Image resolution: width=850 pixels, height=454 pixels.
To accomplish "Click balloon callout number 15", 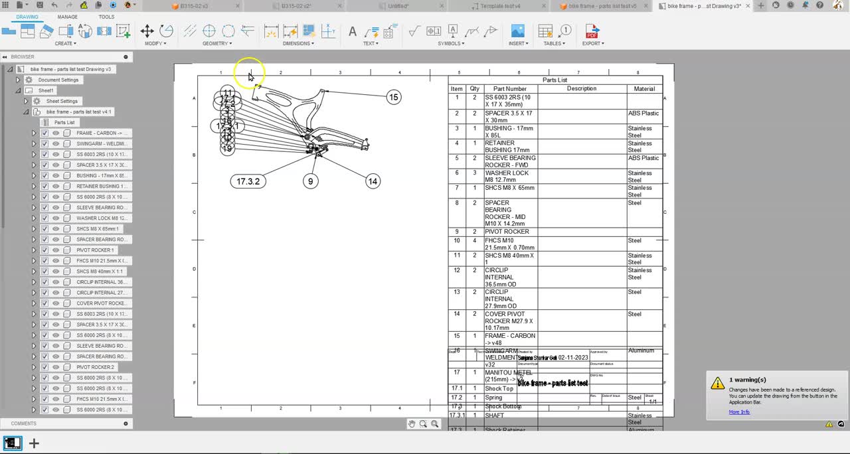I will coord(394,97).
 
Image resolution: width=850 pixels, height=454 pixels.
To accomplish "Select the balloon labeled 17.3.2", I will coord(248,181).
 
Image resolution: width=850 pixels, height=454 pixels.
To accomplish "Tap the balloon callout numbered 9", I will coord(310,181).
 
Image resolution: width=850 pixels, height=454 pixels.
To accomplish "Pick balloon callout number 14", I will coord(373,181).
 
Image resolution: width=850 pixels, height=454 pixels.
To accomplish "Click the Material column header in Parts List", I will coord(644,89).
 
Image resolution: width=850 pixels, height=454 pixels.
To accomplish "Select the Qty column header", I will coord(474,89).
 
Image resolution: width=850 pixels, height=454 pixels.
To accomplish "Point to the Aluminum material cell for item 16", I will coord(641,350).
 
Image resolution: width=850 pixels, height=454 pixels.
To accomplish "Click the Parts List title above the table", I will coord(554,80).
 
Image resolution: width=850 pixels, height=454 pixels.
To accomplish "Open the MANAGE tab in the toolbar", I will coord(67,17).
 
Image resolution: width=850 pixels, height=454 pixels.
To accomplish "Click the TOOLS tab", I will coord(106,17).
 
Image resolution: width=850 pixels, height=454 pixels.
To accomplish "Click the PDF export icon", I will coord(591,31).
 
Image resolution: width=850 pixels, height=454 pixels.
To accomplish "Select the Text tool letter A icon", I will coord(353,31).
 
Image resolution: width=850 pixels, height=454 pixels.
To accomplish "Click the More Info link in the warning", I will coord(739,412).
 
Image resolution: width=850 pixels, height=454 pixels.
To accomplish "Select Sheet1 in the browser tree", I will coord(46,90).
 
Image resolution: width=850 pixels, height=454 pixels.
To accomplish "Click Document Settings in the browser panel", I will coord(58,80).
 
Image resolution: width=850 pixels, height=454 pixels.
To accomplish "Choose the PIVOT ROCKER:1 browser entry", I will coord(95,250).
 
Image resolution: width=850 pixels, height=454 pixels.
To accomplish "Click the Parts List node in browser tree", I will coord(64,122).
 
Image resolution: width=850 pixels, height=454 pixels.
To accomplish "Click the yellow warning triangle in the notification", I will coord(717,384).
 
